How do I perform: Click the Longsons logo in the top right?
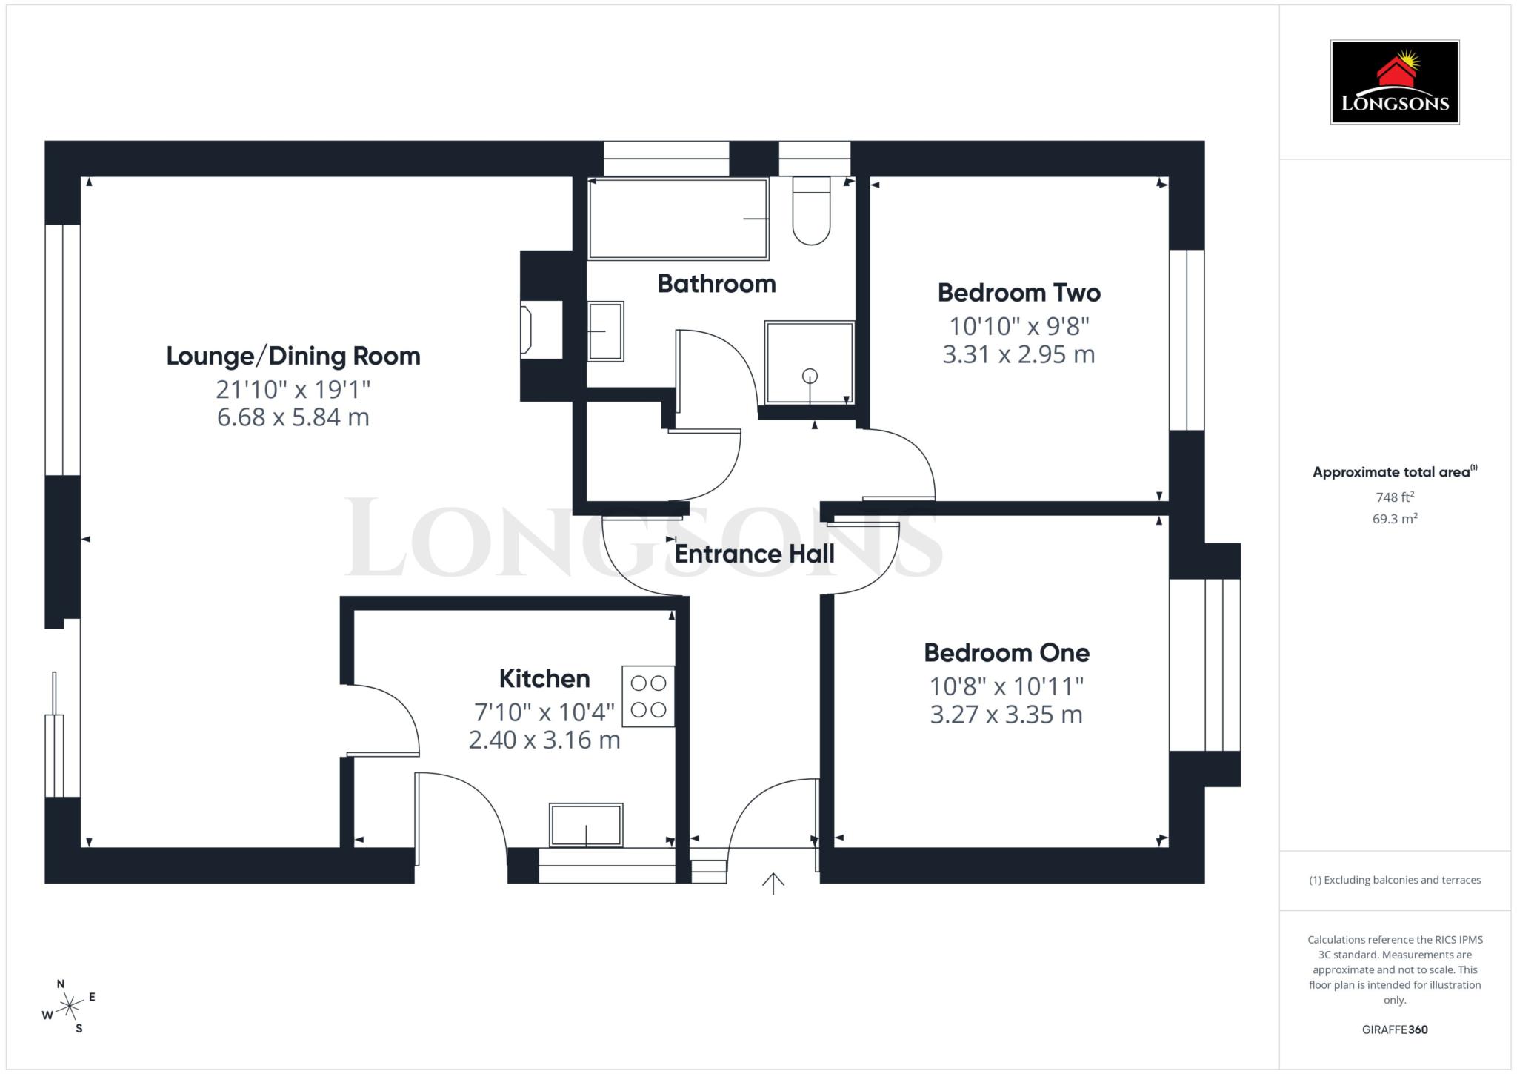coord(1395,82)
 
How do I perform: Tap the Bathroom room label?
coord(716,283)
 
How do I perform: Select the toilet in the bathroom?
coord(811,212)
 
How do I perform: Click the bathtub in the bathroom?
coord(678,219)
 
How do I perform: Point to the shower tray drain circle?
coord(810,376)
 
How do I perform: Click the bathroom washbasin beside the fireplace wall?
coord(605,331)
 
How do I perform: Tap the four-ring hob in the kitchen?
coord(648,696)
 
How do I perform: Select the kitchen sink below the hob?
coord(586,824)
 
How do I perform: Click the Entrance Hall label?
coord(754,554)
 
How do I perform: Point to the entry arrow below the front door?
coord(773,883)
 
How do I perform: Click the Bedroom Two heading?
coord(1018,292)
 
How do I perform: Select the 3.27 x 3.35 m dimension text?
coord(1006,715)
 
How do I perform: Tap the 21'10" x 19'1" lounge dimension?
coord(293,388)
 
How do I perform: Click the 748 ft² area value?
coord(1395,497)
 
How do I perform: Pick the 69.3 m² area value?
coord(1395,518)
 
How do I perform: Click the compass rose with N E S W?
coord(69,1006)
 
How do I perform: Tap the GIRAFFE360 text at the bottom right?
coord(1395,1030)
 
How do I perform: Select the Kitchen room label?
coord(544,678)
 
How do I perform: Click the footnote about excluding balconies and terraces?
coord(1395,880)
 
